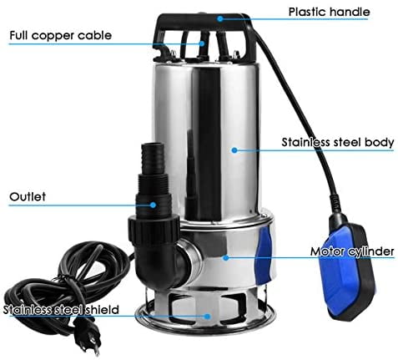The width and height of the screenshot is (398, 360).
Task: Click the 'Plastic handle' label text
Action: [x=329, y=12]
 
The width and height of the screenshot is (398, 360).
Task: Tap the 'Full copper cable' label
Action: [x=60, y=35]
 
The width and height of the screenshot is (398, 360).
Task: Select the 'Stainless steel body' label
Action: [x=338, y=142]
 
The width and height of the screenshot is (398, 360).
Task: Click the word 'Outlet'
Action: [x=28, y=196]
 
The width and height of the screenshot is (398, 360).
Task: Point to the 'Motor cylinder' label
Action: [x=352, y=251]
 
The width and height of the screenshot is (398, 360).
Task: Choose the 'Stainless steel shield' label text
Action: [x=61, y=310]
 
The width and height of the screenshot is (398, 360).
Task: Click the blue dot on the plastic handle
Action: [x=220, y=19]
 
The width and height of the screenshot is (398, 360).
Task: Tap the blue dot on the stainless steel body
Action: [x=234, y=150]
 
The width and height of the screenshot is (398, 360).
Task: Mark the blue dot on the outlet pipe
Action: [x=153, y=205]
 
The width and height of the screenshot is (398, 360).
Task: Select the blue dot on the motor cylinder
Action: [x=226, y=258]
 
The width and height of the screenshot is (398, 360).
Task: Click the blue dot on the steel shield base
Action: [x=207, y=317]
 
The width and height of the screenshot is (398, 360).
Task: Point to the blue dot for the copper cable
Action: [x=202, y=43]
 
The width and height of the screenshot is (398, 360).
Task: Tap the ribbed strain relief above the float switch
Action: [x=335, y=204]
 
